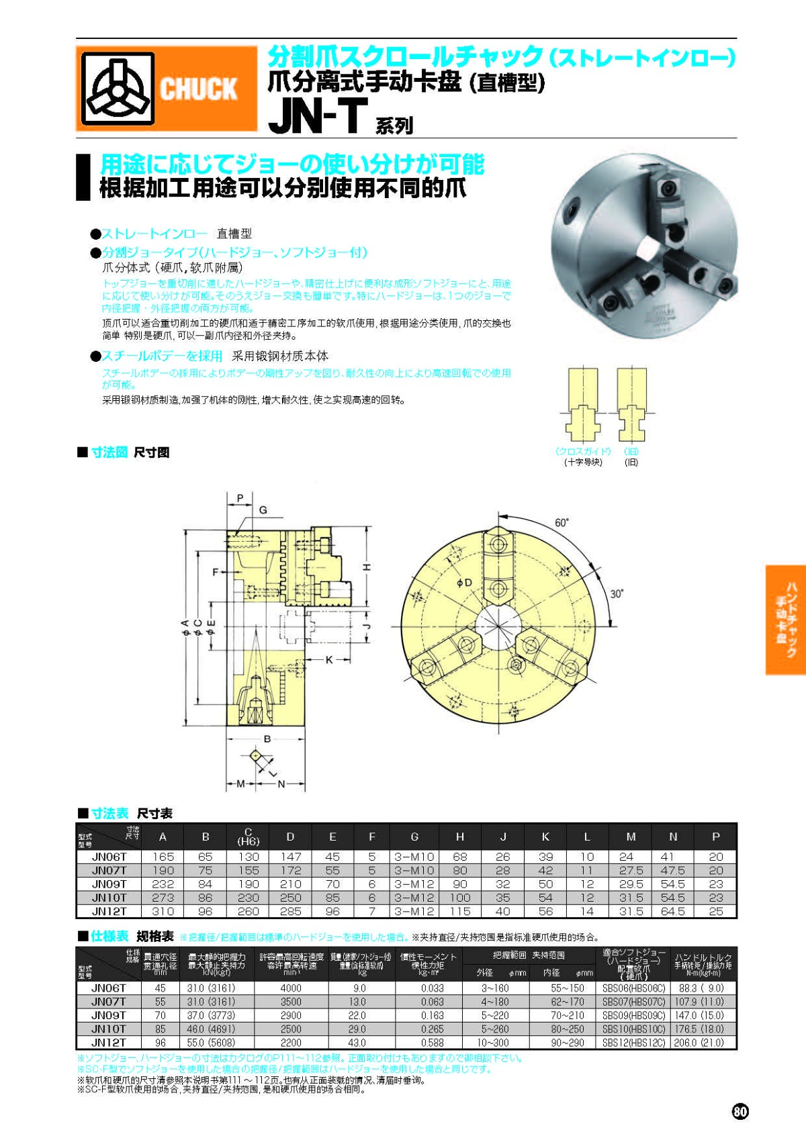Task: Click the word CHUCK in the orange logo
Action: (x=198, y=89)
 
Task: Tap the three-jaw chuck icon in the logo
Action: (x=118, y=89)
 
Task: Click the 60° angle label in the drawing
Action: (x=562, y=523)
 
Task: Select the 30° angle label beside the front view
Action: (x=617, y=593)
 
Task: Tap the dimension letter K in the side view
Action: (x=329, y=660)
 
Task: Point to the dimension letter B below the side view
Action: (x=267, y=739)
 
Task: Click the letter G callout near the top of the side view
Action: (x=263, y=510)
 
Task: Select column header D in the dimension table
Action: (x=290, y=837)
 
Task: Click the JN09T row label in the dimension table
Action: (x=109, y=884)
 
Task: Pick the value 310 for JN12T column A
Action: (x=163, y=911)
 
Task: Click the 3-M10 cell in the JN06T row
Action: (x=414, y=857)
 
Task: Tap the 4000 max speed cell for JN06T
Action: (x=291, y=988)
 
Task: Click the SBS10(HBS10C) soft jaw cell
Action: (x=633, y=1029)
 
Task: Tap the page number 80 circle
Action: (x=740, y=1112)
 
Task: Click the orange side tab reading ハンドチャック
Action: (x=786, y=619)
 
